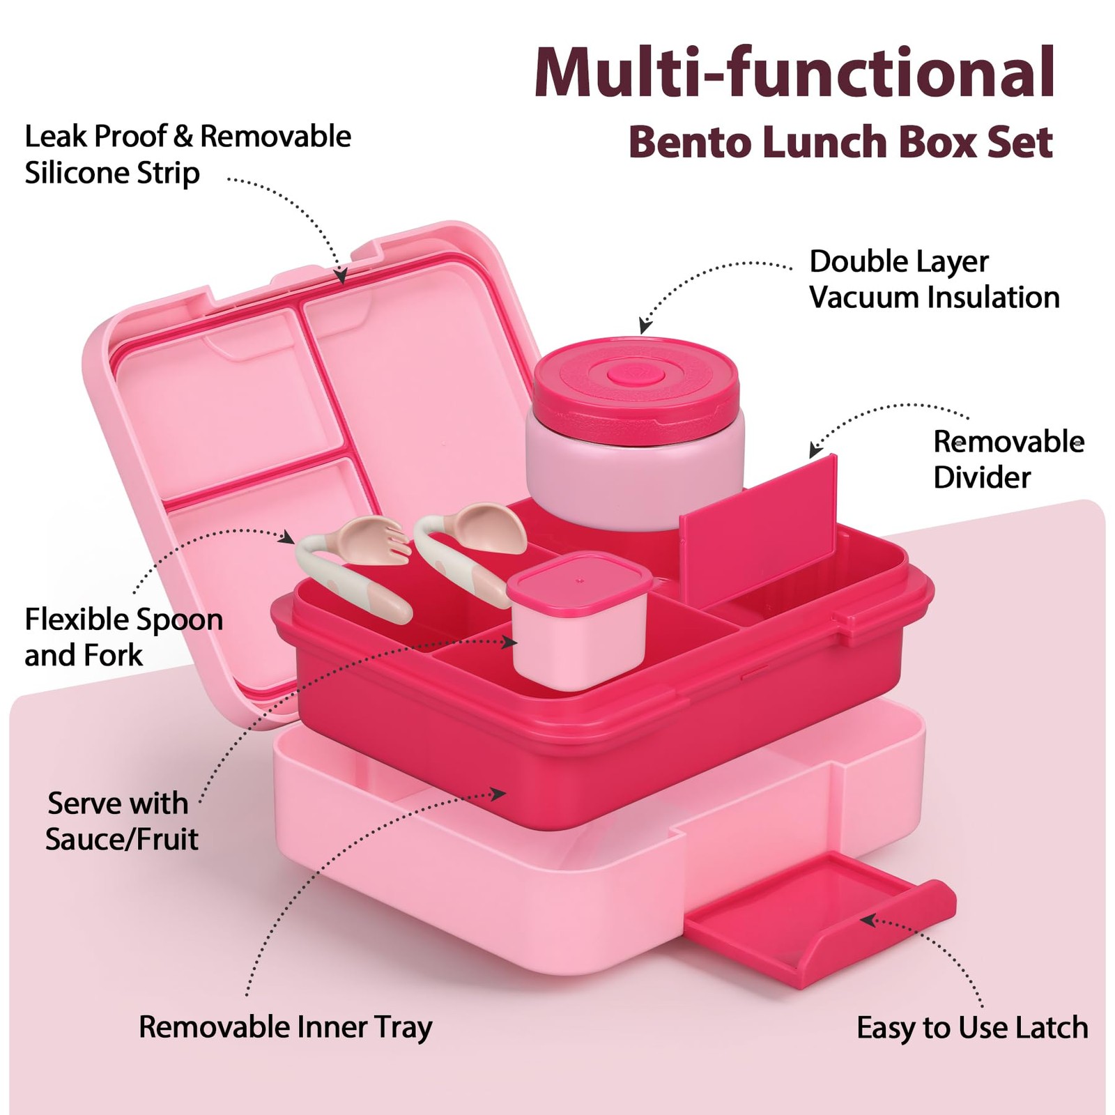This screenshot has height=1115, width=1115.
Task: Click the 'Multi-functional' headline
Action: [x=794, y=72]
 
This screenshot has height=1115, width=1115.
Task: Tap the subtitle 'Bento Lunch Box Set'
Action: [x=840, y=142]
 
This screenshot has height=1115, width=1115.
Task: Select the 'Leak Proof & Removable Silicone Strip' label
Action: [x=187, y=155]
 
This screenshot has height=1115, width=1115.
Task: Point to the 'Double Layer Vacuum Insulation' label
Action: [x=934, y=279]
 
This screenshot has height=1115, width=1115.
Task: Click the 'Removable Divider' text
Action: [x=1008, y=459]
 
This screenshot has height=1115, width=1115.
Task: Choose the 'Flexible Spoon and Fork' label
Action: [x=123, y=637]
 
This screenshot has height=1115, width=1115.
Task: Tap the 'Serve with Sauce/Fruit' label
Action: [x=121, y=821]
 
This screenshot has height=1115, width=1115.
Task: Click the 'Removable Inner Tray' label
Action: [x=286, y=1026]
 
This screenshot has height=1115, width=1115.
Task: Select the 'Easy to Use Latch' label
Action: [x=972, y=1027]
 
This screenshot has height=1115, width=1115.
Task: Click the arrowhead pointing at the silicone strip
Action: [x=341, y=277]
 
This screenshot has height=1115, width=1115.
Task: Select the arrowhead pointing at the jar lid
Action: [x=645, y=325]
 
